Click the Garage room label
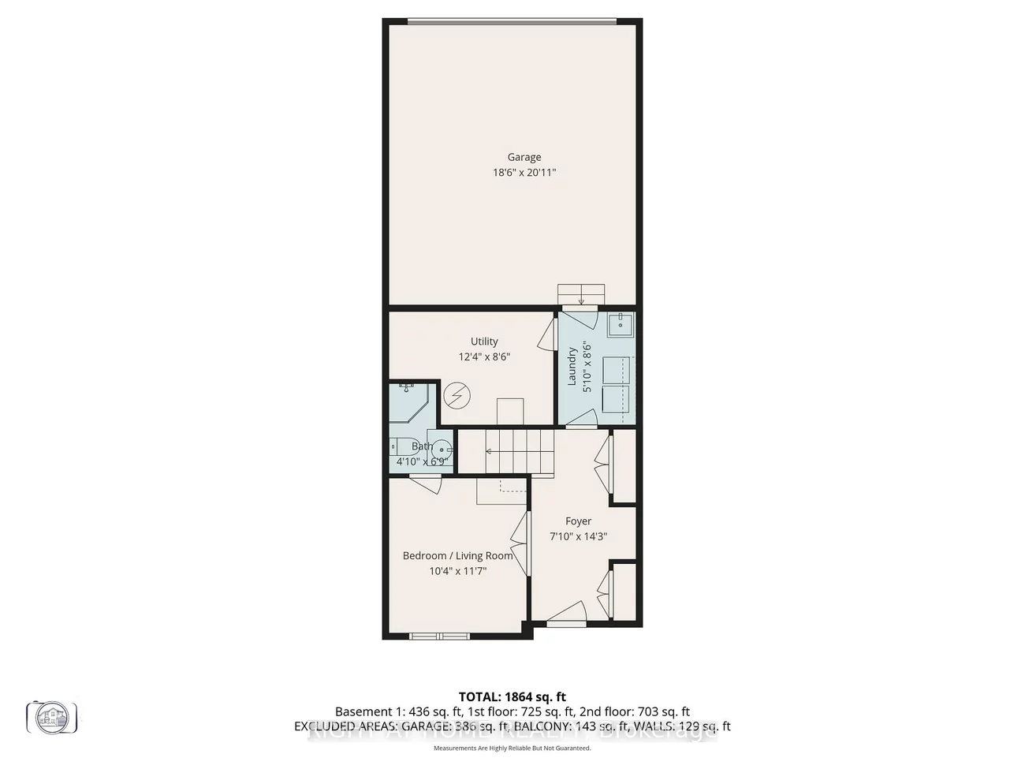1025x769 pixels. (x=524, y=157)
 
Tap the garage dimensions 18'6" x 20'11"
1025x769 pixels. (x=524, y=172)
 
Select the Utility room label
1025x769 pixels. (x=484, y=342)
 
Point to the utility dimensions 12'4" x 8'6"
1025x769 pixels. (x=484, y=357)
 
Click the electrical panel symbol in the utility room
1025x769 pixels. (x=455, y=395)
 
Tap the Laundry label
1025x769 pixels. (x=572, y=367)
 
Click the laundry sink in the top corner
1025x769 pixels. (x=621, y=324)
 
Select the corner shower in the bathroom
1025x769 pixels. (x=408, y=402)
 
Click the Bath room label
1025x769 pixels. (x=422, y=446)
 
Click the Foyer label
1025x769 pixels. (x=578, y=521)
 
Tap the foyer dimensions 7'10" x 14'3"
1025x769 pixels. (x=578, y=536)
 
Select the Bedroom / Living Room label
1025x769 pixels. (x=457, y=556)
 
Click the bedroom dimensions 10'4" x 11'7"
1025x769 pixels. (x=457, y=571)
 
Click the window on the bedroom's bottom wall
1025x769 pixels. (x=439, y=635)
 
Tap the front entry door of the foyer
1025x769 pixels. (x=566, y=615)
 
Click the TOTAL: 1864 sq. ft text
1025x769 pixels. (x=512, y=696)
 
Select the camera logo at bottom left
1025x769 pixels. (x=52, y=716)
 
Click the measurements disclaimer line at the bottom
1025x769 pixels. (x=512, y=748)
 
